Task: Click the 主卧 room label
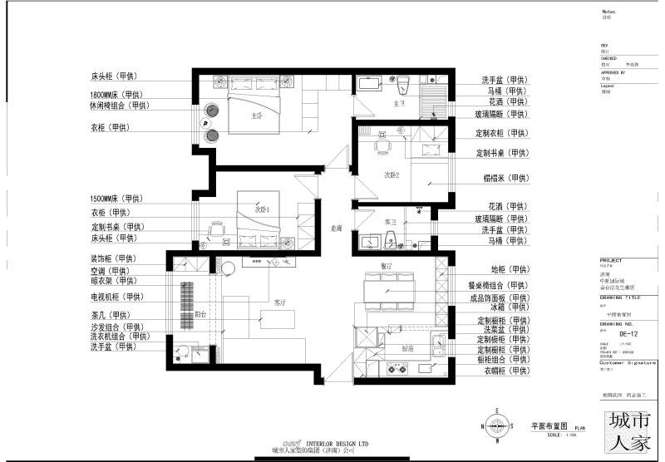(257, 116)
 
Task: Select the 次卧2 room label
(392, 175)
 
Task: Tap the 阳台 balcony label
(200, 315)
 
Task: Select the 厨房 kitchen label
(398, 350)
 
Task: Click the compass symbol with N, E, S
(497, 426)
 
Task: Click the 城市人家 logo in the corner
(629, 430)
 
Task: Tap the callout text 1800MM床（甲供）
(116, 95)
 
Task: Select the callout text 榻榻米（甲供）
(506, 178)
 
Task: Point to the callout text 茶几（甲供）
(115, 315)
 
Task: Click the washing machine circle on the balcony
(229, 268)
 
